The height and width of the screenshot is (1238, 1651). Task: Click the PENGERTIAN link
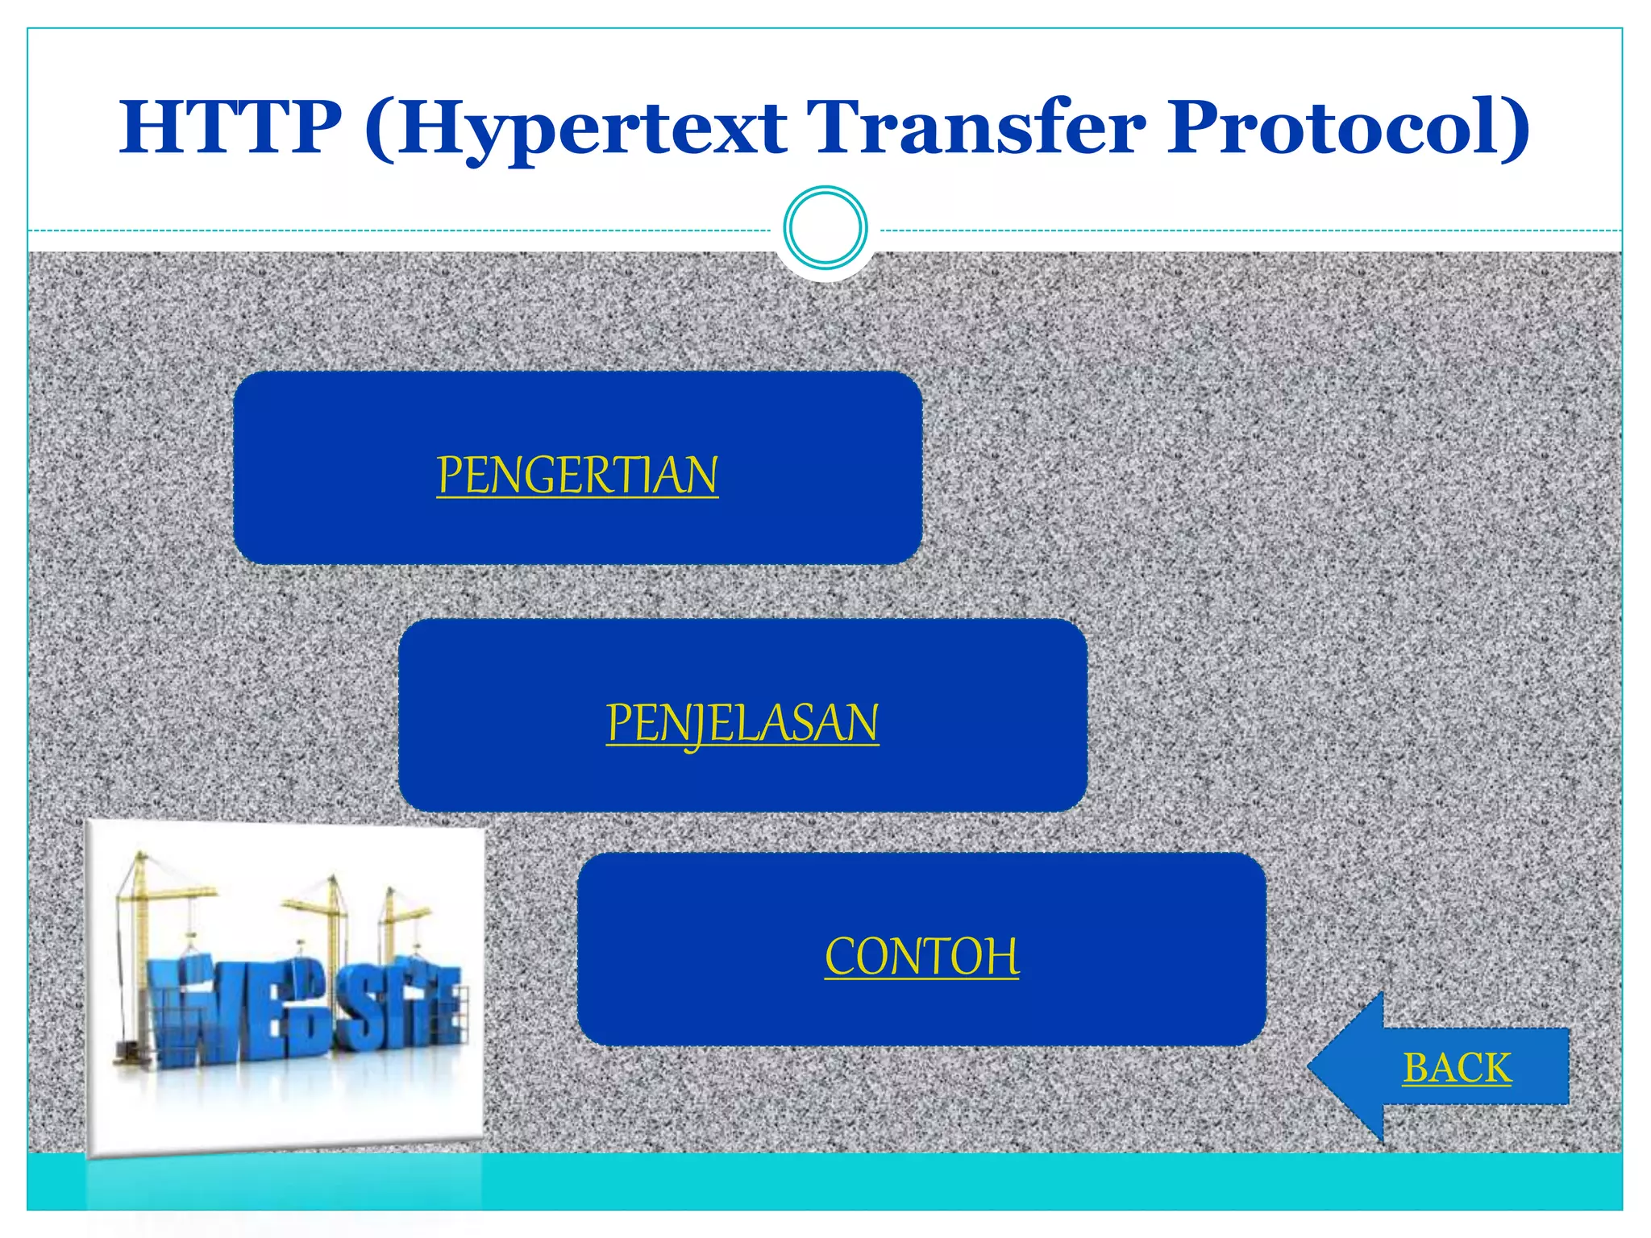click(x=577, y=476)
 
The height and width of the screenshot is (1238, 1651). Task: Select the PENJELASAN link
click(x=742, y=722)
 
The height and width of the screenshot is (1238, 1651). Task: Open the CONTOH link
click(x=921, y=957)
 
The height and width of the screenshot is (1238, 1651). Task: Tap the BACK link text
click(x=1457, y=1068)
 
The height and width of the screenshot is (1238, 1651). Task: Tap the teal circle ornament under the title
click(x=825, y=228)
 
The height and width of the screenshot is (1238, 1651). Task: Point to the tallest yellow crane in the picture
click(x=142, y=927)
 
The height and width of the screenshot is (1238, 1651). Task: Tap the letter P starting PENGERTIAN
click(x=448, y=476)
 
